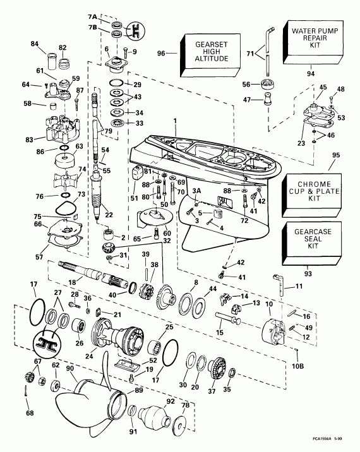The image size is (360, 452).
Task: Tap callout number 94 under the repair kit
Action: coord(311,74)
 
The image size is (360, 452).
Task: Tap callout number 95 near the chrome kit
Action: coord(334,154)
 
